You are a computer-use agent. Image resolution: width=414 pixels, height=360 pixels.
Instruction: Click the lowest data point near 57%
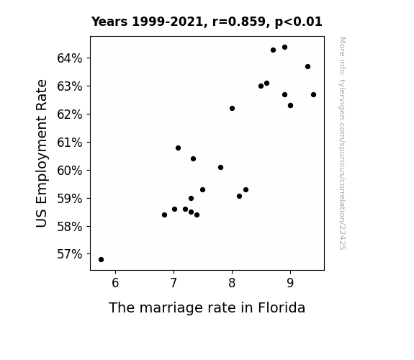pos(101,259)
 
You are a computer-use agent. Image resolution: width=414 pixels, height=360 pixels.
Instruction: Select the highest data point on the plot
pos(284,48)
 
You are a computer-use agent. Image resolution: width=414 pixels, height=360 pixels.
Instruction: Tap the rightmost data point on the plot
pos(313,94)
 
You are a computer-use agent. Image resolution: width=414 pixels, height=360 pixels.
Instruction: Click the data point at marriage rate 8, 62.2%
pos(232,108)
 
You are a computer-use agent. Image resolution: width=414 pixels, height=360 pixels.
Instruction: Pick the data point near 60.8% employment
pos(179,148)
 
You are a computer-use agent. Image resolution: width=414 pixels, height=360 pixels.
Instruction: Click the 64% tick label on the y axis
pos(69,58)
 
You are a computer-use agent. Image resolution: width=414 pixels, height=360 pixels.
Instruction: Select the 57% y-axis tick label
pos(69,254)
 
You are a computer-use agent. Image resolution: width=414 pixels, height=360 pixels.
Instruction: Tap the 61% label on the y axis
pos(69,143)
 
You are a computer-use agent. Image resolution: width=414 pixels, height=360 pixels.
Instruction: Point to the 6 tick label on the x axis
pos(115,283)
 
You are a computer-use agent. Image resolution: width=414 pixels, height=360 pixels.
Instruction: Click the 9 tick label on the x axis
pos(290,283)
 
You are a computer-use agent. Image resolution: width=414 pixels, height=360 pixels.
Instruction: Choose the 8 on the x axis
pos(232,283)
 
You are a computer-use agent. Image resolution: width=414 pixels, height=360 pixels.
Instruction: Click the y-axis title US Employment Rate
pos(42,153)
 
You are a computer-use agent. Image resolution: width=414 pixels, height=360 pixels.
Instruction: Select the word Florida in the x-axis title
pos(282,307)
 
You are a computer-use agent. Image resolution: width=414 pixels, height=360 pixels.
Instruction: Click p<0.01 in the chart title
pos(299,22)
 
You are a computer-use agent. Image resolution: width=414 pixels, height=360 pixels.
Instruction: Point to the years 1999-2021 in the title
pos(167,22)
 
